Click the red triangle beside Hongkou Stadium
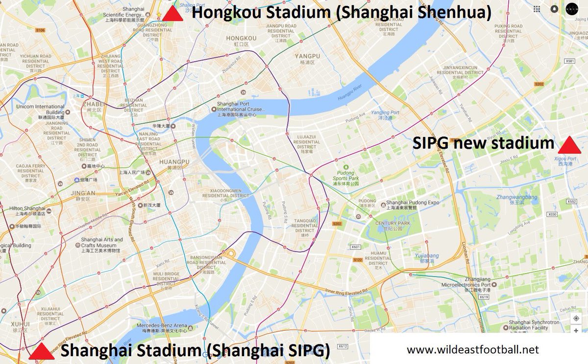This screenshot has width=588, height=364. (x=172, y=14)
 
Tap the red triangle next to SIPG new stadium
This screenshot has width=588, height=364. (x=569, y=145)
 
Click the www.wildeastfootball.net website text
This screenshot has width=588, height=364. (x=473, y=349)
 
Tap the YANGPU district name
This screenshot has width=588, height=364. (x=307, y=56)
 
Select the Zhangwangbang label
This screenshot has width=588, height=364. (x=516, y=198)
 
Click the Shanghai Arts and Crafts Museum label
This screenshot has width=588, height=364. (x=102, y=243)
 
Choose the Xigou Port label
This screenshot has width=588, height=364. (x=564, y=159)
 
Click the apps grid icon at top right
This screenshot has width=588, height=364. (x=537, y=9)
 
